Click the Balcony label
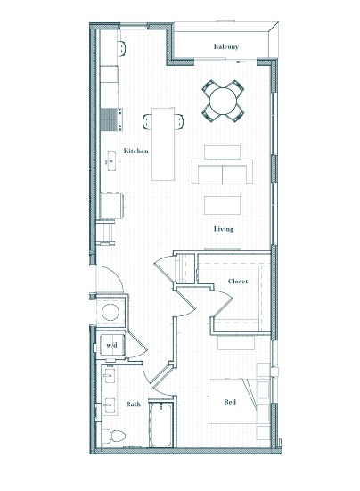click(x=226, y=46)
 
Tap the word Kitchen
click(x=135, y=151)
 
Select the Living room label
click(x=224, y=229)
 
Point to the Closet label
click(x=238, y=282)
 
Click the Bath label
click(x=134, y=405)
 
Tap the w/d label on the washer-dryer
click(x=111, y=345)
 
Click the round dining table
click(x=223, y=101)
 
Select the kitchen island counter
click(x=163, y=144)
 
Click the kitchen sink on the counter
click(x=111, y=161)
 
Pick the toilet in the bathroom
click(x=114, y=436)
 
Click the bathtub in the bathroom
click(x=161, y=425)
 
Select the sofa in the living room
click(x=222, y=171)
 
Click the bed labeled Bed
click(x=232, y=401)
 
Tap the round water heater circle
click(x=110, y=312)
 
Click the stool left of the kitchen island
click(x=147, y=121)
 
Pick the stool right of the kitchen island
click(x=179, y=121)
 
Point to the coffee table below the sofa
click(x=222, y=205)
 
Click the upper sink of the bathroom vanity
click(x=110, y=375)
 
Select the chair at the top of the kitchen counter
click(x=122, y=48)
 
